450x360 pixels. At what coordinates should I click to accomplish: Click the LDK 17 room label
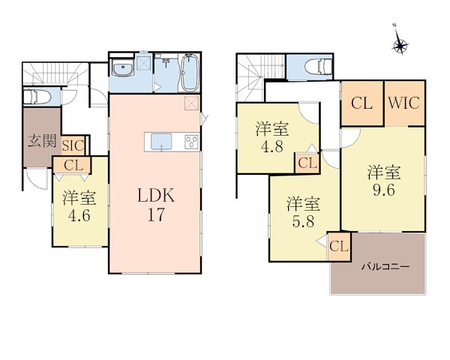[x=156, y=205]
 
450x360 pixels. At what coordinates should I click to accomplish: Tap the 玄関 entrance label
[x=42, y=141]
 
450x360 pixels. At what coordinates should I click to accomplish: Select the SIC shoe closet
[x=73, y=145]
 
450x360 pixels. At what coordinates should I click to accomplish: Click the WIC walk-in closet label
[x=404, y=103]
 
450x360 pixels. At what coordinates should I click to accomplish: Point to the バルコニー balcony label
[x=385, y=267]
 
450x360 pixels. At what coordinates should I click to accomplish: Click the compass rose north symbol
[x=400, y=45]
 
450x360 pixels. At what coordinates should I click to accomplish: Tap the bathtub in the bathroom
[x=190, y=73]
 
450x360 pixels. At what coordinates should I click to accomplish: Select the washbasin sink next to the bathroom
[x=123, y=68]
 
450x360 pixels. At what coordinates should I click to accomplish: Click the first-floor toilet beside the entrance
[x=37, y=97]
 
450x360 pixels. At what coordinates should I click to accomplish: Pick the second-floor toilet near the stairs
[x=318, y=67]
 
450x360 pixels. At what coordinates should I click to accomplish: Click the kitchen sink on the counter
[x=161, y=142]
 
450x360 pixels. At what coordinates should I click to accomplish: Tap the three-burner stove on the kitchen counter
[x=192, y=142]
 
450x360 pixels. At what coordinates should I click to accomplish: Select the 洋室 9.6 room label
[x=384, y=181]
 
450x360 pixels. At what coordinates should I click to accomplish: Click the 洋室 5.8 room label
[x=303, y=213]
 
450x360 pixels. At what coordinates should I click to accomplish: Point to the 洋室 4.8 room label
[x=271, y=137]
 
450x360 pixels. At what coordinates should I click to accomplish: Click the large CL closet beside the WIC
[x=362, y=103]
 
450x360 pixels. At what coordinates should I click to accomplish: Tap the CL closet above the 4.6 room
[x=72, y=165]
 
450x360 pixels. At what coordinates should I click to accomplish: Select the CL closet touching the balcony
[x=339, y=247]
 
